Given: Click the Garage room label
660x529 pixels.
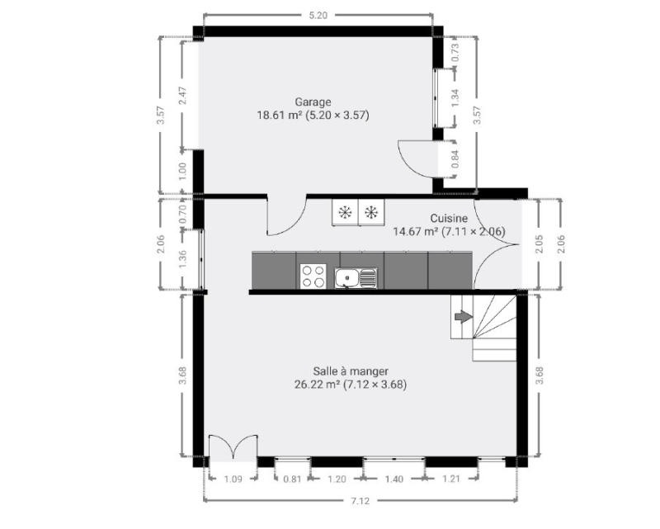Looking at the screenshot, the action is (x=313, y=102).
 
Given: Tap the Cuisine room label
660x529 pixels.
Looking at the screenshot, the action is (x=449, y=218).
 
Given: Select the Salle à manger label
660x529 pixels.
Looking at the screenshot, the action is (x=351, y=371).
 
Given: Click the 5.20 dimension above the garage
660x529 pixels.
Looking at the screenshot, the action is (x=318, y=16).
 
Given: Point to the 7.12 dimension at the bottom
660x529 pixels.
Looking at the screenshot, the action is (x=361, y=501).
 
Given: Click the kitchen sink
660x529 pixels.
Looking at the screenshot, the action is (x=356, y=278).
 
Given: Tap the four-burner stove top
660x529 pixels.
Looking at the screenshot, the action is (x=313, y=276).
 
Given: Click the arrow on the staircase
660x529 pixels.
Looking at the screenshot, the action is (x=464, y=317).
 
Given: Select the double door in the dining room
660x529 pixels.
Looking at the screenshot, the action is (x=233, y=446).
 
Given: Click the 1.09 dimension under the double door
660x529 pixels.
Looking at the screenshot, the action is (x=233, y=479).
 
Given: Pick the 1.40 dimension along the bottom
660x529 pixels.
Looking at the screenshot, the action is (x=394, y=479).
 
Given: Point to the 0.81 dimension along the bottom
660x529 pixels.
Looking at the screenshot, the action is (x=292, y=479).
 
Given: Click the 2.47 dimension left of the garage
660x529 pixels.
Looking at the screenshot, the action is (x=182, y=96).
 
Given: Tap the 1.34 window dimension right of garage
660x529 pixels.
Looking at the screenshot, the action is (x=455, y=97).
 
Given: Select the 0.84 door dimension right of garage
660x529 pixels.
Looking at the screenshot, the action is (x=455, y=159).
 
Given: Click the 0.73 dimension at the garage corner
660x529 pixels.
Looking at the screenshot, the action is (x=455, y=53).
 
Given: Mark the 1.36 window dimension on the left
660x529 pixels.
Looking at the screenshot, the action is (x=182, y=259).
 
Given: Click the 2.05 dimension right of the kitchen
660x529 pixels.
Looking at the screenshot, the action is (x=540, y=243).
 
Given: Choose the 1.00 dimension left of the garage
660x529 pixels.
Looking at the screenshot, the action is (x=182, y=171).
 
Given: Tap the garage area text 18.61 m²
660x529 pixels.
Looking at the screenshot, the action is (x=280, y=115).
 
